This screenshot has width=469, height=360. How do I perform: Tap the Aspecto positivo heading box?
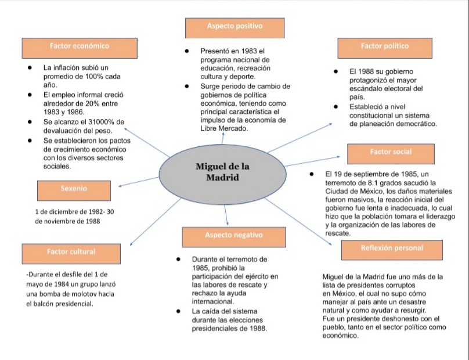pyautogui.click(x=234, y=27)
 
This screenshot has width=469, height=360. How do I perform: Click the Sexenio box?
pyautogui.click(x=74, y=190)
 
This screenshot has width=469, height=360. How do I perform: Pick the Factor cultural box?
pyautogui.click(x=71, y=253)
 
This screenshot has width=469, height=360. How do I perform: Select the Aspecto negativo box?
pyautogui.click(x=233, y=236)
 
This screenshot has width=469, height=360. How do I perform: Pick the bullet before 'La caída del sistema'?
pyautogui.click(x=179, y=312)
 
